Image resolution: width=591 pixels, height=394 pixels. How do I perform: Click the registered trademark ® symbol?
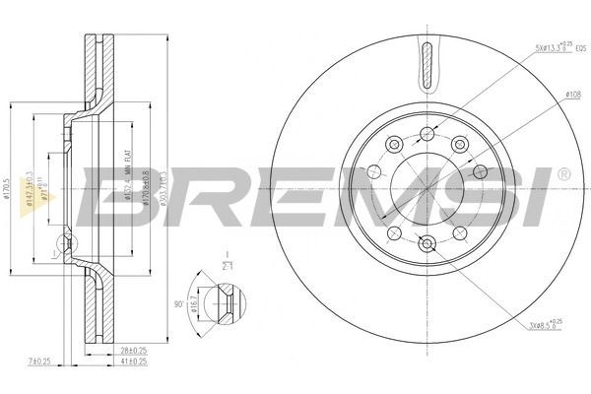(563, 174)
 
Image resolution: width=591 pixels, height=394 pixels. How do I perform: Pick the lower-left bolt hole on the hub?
(393, 232)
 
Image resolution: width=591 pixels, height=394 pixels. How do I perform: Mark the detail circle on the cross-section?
(67, 242)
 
